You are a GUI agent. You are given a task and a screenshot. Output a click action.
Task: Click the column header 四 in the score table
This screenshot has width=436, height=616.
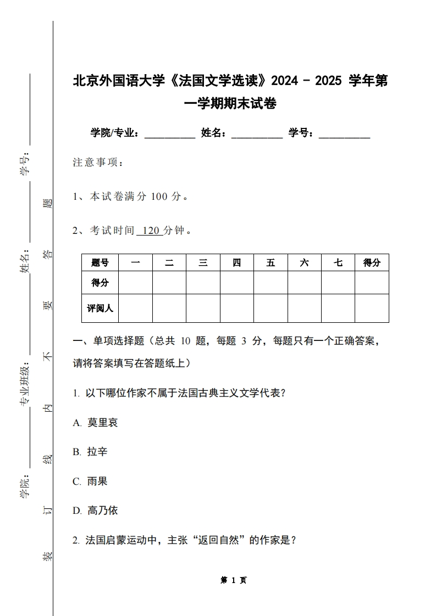237,263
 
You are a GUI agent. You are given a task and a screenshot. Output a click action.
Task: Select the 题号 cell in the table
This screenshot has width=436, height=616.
100,263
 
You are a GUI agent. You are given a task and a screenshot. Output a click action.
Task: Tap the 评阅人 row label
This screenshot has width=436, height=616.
100,308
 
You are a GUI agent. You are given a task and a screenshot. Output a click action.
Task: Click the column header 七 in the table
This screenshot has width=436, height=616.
338,263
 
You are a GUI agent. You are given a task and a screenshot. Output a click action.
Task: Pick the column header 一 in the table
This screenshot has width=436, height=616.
136,263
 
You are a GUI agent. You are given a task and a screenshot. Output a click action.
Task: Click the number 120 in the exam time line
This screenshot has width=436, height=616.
150,231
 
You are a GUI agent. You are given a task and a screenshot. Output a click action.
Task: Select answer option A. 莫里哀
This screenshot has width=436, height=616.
95,423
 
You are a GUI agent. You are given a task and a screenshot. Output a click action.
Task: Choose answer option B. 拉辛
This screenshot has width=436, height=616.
90,452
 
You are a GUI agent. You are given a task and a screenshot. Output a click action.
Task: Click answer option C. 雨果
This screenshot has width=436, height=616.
90,481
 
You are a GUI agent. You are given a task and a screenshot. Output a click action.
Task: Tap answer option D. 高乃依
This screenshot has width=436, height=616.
95,511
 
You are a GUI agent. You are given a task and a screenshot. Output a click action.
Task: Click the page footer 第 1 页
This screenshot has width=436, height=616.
234,580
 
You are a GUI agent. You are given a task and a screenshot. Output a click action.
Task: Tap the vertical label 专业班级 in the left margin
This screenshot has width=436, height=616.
25,385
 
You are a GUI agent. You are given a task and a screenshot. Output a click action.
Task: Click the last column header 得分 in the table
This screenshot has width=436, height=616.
372,263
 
